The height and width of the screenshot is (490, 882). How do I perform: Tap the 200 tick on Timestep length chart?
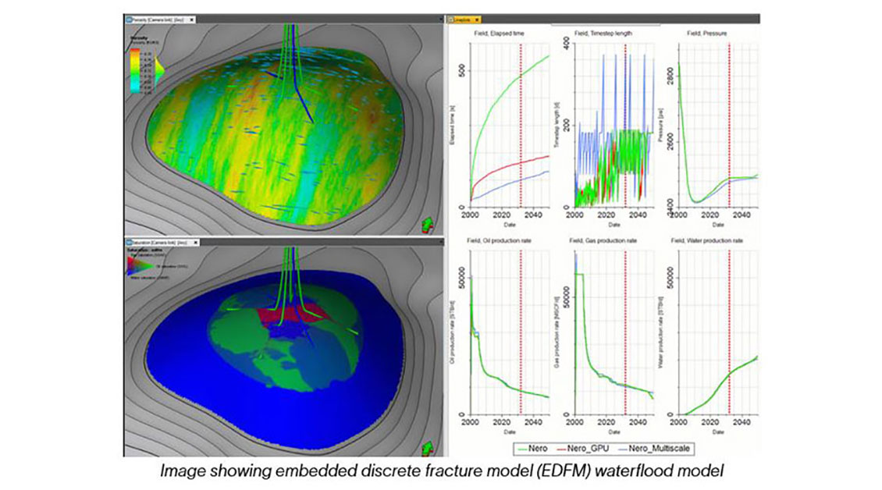pyautogui.click(x=566, y=125)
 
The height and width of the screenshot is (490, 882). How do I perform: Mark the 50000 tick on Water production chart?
pyautogui.click(x=668, y=278)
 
